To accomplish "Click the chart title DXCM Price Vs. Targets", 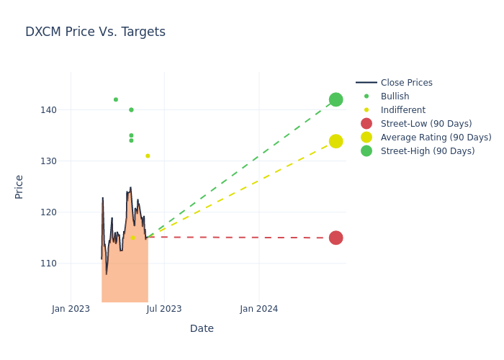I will coord(95,32).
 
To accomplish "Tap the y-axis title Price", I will coord(19,186).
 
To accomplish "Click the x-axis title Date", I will coord(202,328).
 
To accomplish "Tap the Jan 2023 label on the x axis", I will coord(71,309).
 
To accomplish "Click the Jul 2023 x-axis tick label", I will coord(164,309).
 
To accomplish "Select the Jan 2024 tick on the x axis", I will coord(259,309).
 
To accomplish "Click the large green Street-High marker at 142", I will coord(336,99).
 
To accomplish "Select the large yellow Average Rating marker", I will coord(336,141).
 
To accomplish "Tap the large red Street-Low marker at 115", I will coord(336,238).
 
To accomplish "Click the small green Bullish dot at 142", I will coord(115,99).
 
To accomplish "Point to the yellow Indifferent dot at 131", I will coord(148,156).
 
